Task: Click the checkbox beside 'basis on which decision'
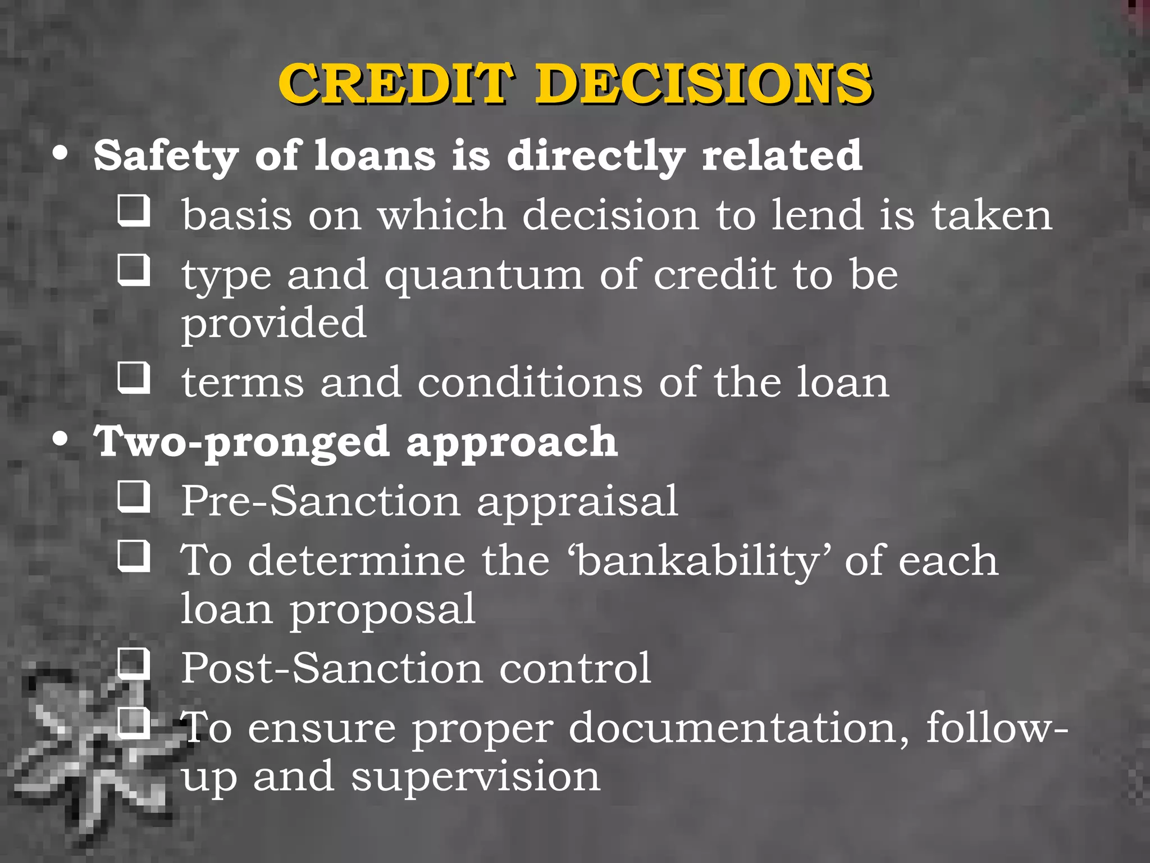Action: (134, 210)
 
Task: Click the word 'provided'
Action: (273, 324)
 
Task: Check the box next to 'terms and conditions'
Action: (134, 377)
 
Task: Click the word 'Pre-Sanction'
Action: (321, 501)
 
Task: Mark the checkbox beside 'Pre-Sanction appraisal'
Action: (134, 496)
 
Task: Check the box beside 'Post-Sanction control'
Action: (134, 664)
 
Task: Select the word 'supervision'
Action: (476, 777)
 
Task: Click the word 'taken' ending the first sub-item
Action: (992, 216)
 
